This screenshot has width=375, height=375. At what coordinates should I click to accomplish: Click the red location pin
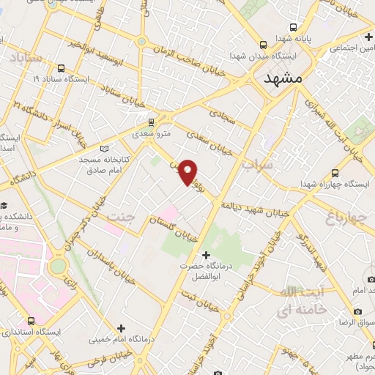[x=189, y=171]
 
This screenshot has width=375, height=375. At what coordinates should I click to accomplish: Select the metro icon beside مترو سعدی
[x=152, y=122]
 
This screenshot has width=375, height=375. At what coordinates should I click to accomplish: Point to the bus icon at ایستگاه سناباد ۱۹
[x=35, y=76]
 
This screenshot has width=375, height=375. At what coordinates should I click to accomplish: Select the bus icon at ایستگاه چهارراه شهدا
[x=335, y=173]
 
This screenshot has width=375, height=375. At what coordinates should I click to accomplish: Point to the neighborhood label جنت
[x=121, y=217]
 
